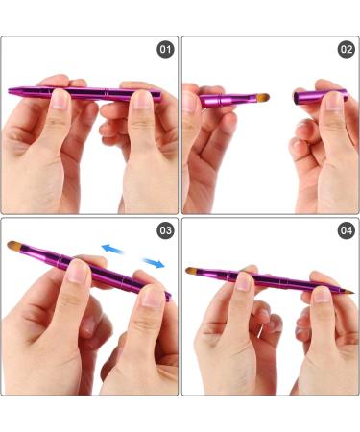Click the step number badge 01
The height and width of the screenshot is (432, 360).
pyautogui.click(x=166, y=49)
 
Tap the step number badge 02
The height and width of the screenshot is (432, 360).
pyautogui.click(x=346, y=49)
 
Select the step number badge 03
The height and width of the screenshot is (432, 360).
pyautogui.click(x=166, y=230)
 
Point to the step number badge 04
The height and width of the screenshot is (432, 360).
pyautogui.click(x=346, y=230)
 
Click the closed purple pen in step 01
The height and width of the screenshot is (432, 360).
pyautogui.click(x=86, y=94)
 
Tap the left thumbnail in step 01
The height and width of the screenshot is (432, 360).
pyautogui.click(x=60, y=98)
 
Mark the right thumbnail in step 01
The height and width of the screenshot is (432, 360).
pyautogui.click(x=142, y=99)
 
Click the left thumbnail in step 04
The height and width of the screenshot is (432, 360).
pyautogui.click(x=244, y=281)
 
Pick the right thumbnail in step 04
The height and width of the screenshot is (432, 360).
pyautogui.click(x=321, y=287)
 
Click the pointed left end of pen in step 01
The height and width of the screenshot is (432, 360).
pyautogui.click(x=12, y=92)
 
